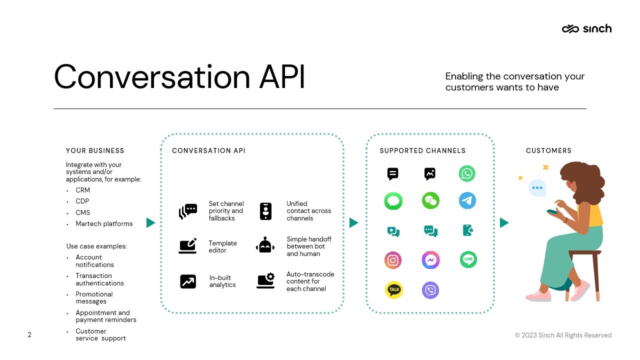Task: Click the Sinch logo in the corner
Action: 586,28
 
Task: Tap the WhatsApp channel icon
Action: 467,173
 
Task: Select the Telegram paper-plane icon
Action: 467,200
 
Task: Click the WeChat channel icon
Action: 430,200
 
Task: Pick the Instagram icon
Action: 393,260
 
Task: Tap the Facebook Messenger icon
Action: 430,260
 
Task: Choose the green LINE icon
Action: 468,259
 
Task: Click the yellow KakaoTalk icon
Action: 393,290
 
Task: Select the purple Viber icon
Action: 430,290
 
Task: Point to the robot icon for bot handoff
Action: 265,245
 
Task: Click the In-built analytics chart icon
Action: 188,281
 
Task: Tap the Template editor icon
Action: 187,245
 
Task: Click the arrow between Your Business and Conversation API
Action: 150,223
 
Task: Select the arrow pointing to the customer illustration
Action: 504,223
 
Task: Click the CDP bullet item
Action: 82,201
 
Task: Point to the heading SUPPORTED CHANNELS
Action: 422,150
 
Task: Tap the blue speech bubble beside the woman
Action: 537,187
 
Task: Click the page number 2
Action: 29,334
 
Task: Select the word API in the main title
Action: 281,76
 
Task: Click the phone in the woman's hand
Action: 552,211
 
